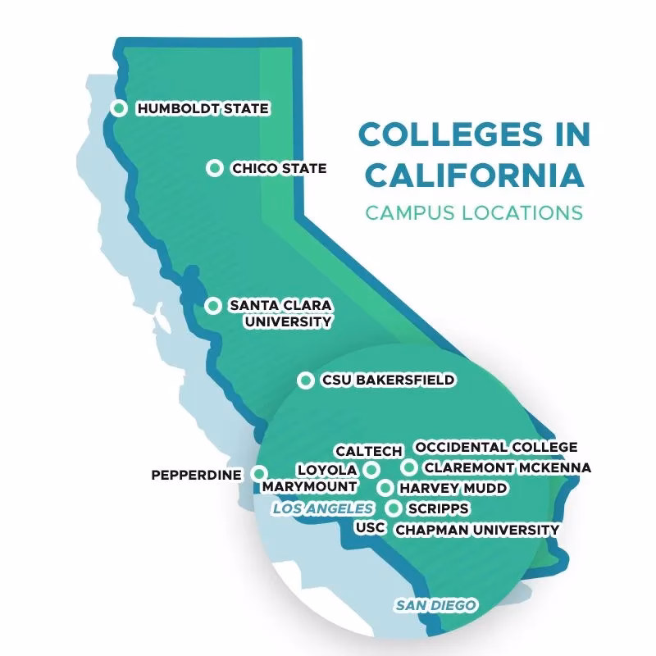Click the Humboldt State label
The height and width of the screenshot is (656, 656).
click(203, 108)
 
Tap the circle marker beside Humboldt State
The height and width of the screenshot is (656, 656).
click(119, 108)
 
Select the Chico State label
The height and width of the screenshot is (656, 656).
click(279, 168)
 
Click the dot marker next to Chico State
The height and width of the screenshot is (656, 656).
click(215, 168)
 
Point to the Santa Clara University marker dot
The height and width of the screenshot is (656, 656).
click(213, 306)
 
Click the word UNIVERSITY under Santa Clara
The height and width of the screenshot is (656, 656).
click(288, 321)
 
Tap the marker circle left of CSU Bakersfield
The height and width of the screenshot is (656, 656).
click(305, 380)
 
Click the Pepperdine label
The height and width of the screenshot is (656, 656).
click(197, 475)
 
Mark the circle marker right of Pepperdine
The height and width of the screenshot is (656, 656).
click(259, 473)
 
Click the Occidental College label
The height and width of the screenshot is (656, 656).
click(496, 447)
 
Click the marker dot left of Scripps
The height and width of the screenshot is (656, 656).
click(395, 508)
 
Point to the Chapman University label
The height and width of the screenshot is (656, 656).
click(476, 530)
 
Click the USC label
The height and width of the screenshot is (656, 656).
click(370, 527)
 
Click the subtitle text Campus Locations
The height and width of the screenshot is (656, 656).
click(474, 212)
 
